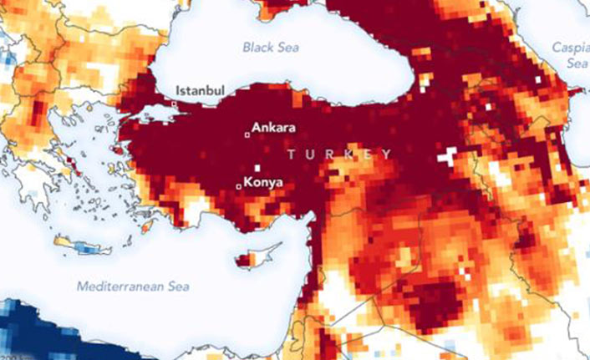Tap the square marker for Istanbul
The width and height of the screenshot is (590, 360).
coord(174,104)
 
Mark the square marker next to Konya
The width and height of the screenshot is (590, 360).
coord(240,187)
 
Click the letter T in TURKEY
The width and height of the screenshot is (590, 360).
coord(291,155)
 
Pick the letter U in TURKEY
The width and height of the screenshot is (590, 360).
coord(311,155)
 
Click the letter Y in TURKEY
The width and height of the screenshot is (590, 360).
coord(387,155)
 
